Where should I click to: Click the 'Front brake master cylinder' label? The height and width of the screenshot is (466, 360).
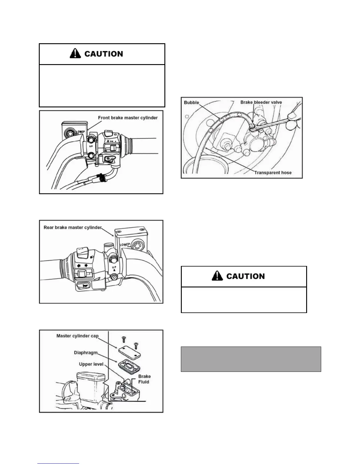[128, 118]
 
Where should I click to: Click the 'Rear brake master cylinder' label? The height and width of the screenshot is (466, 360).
[73, 227]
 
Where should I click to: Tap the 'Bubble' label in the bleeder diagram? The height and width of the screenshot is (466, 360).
[191, 102]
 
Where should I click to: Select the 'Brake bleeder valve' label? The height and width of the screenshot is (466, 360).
[261, 102]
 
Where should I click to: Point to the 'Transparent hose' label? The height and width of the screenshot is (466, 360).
[273, 173]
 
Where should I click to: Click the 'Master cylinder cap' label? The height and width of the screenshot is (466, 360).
[77, 336]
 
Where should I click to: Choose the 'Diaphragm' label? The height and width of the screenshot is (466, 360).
[86, 352]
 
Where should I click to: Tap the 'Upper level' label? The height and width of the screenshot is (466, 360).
[91, 364]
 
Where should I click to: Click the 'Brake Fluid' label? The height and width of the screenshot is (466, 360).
[144, 379]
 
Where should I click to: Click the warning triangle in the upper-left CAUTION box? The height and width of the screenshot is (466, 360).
[75, 54]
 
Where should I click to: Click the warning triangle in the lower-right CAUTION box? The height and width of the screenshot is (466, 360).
[217, 276]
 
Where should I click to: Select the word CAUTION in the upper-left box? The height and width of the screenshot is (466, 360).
[104, 54]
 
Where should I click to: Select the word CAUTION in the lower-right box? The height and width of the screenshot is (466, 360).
[245, 276]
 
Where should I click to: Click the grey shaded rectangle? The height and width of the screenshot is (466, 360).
[251, 359]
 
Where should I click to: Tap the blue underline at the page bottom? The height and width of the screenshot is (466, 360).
[58, 463]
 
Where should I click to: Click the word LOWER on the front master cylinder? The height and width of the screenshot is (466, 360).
[81, 132]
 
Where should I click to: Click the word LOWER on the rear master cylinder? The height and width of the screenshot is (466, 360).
[125, 245]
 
